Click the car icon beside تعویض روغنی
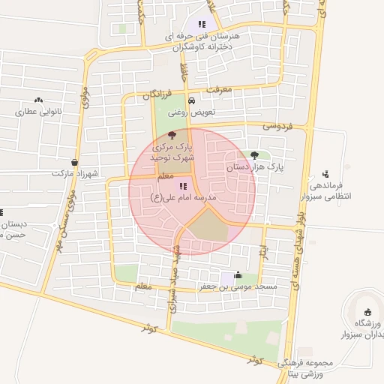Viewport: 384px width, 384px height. [x=191, y=100]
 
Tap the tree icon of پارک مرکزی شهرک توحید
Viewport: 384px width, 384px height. [x=173, y=135]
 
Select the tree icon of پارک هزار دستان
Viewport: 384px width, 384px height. [x=265, y=154]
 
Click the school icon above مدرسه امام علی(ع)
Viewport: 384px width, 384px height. [x=183, y=185]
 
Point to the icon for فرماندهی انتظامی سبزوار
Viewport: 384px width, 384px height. [x=325, y=174]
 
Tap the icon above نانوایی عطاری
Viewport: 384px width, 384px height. [x=38, y=100]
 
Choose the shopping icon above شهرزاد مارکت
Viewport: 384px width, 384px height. [x=75, y=162]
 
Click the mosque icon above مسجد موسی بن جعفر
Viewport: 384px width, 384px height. [x=238, y=274]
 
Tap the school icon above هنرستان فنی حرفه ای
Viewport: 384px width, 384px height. [x=201, y=25]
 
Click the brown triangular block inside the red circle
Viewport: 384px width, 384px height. [x=208, y=228]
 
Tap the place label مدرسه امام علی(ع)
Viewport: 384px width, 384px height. [x=183, y=199]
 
